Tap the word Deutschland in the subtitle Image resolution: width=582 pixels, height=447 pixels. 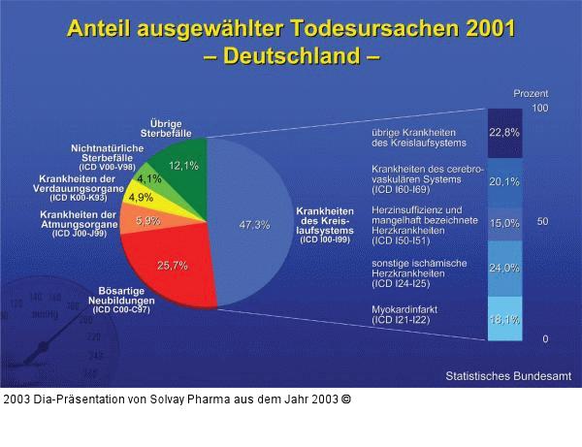pyautogui.click(x=290, y=55)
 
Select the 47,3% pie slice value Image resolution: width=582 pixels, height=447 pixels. pyautogui.click(x=254, y=225)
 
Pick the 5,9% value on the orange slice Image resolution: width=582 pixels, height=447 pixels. pyautogui.click(x=148, y=221)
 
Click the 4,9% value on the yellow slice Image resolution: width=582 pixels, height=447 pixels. pyautogui.click(x=142, y=198)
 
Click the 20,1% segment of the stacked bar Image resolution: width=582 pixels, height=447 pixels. pyautogui.click(x=503, y=181)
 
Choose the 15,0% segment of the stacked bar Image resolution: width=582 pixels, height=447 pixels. pyautogui.click(x=503, y=223)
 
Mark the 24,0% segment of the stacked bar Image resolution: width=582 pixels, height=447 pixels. pyautogui.click(x=503, y=269)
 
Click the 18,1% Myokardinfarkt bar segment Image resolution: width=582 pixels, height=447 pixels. pyautogui.click(x=503, y=319)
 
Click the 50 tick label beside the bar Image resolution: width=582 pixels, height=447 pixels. pyautogui.click(x=542, y=222)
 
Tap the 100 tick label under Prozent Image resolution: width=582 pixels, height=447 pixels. pyautogui.click(x=540, y=108)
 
